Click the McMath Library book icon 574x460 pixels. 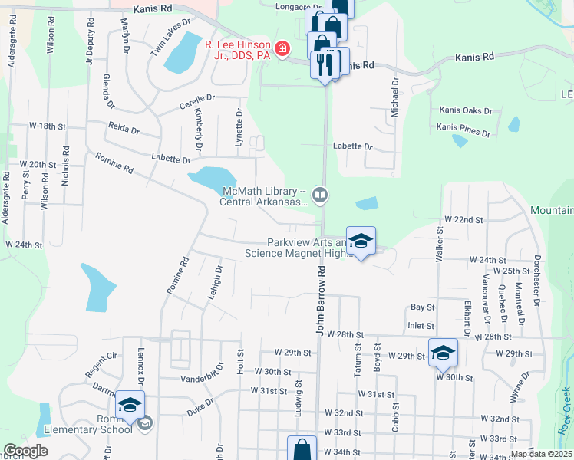click(321, 195)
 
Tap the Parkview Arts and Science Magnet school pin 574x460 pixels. click(359, 242)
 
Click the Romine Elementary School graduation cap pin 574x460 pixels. click(130, 404)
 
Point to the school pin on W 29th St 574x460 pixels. click(443, 352)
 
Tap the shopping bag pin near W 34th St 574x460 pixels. click(302, 449)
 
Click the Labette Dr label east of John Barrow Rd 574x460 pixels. click(352, 146)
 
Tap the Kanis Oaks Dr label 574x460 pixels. click(466, 110)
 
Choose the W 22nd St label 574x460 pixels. click(463, 219)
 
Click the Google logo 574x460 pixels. click(26, 451)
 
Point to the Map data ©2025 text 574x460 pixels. click(541, 454)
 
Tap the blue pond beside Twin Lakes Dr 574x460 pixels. click(181, 52)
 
